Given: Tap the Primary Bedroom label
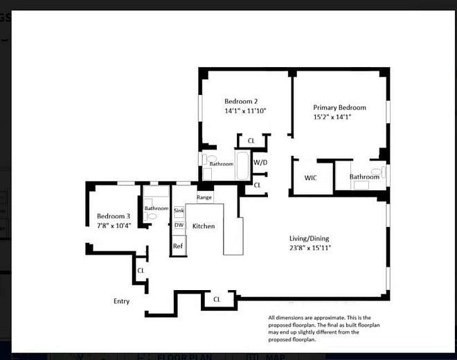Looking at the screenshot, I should (339, 107).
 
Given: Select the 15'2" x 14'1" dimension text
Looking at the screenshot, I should (332, 117).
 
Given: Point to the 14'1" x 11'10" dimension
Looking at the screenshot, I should (244, 111).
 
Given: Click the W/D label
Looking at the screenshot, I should (260, 162).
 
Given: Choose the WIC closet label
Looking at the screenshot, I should (311, 178).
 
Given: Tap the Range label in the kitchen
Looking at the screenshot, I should (204, 197).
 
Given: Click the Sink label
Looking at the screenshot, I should (179, 211).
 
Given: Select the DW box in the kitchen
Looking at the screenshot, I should (179, 225).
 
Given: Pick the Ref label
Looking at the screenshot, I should (178, 246).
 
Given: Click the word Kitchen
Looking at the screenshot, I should (204, 226).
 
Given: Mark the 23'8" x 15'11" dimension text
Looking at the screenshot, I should (310, 248).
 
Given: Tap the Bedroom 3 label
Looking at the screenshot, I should (113, 216).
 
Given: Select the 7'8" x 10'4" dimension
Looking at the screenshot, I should (113, 226).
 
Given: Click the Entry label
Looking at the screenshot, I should (121, 301).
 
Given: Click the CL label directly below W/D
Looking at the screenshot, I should (257, 185).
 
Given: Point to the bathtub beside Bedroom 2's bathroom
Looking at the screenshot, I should (242, 165).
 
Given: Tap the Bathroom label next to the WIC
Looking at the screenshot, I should (364, 177).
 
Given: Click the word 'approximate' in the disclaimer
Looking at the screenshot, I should (317, 318).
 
